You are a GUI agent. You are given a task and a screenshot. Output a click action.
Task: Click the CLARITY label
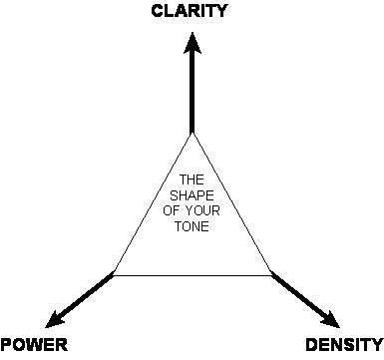[190, 12]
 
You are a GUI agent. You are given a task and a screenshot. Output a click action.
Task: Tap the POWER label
[33, 345]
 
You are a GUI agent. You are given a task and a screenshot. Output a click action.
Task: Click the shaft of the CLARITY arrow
[191, 95]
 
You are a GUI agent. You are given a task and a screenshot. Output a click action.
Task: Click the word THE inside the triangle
[191, 180]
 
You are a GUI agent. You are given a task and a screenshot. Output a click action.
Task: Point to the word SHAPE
[191, 194]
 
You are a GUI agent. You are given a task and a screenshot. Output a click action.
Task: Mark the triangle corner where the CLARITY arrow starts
[191, 133]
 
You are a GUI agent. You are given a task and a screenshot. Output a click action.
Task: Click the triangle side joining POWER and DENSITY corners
[192, 274]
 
